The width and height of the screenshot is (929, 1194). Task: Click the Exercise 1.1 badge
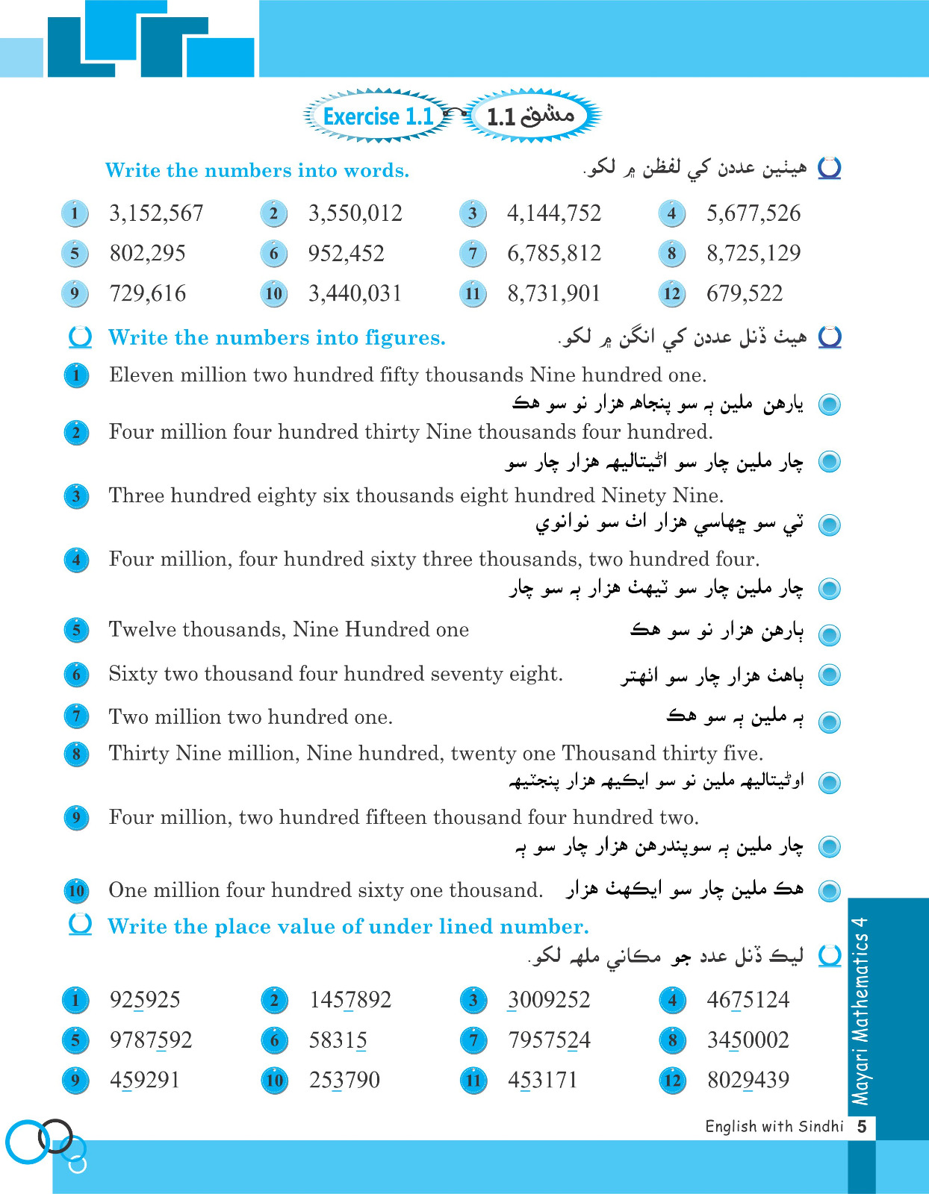click(x=378, y=116)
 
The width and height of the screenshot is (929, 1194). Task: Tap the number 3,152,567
click(x=156, y=213)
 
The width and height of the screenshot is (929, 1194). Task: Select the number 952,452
click(x=346, y=254)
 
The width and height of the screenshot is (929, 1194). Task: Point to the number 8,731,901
click(x=553, y=293)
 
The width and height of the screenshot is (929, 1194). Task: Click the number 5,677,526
click(x=753, y=213)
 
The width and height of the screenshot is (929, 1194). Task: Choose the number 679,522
click(x=744, y=293)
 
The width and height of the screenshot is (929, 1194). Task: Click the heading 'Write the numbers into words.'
click(x=257, y=171)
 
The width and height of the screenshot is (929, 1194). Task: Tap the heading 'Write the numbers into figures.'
click(x=276, y=338)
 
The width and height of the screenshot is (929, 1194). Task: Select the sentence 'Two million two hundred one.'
click(x=250, y=717)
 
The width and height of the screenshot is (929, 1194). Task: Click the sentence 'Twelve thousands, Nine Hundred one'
click(x=288, y=630)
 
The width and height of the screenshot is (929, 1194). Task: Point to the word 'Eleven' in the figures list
click(x=138, y=375)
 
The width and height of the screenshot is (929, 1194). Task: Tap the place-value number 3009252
click(x=549, y=1000)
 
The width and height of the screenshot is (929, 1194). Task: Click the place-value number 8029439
click(x=748, y=1080)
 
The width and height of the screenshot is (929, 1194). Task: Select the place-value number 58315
click(x=338, y=1040)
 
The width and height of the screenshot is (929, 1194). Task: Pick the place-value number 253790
click(x=344, y=1080)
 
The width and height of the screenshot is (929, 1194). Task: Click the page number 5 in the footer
click(x=862, y=1126)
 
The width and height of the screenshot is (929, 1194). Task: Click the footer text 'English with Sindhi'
click(x=774, y=1126)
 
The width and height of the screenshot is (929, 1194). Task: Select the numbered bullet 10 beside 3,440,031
click(x=274, y=293)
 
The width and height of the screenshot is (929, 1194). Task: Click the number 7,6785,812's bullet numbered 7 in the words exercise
click(x=473, y=254)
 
